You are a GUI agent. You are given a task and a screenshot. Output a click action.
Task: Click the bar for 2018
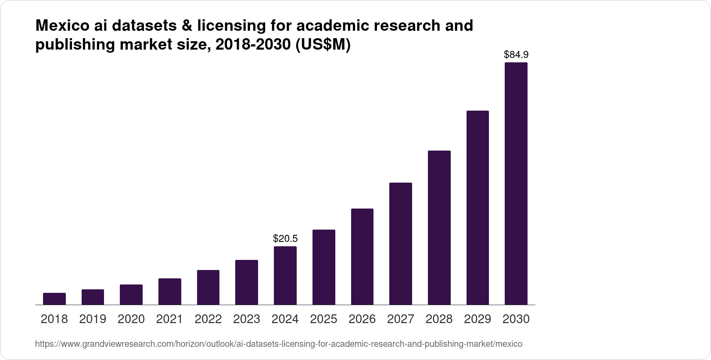point(54,299)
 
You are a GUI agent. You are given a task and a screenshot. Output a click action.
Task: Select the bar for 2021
point(169,292)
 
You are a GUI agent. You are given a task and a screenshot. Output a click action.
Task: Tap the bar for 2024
point(285,275)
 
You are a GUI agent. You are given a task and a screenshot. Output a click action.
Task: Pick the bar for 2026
point(362,256)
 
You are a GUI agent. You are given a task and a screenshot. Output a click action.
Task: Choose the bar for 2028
point(439,227)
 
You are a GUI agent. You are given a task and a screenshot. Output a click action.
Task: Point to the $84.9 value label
point(516,55)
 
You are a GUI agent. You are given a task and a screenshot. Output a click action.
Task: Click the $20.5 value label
point(285,239)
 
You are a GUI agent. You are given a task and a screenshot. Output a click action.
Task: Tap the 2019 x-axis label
point(93,319)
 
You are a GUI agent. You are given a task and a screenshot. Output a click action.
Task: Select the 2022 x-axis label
point(208,319)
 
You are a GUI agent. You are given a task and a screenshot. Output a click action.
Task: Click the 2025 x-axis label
point(323,319)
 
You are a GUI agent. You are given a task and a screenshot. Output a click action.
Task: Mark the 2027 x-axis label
point(400,319)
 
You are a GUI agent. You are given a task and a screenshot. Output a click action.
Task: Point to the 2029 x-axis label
point(478,319)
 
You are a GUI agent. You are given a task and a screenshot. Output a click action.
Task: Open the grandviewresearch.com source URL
point(279,344)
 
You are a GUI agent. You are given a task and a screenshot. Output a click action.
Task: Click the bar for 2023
point(246,282)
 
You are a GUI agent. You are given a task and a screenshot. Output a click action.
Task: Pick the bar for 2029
point(478,208)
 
